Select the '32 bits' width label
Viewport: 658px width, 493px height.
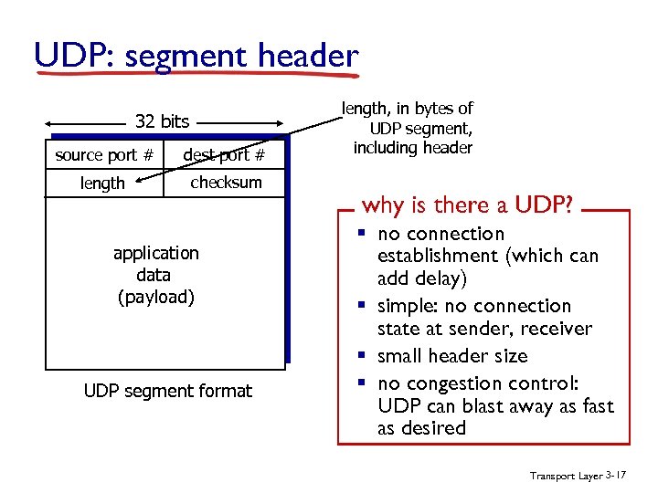162,121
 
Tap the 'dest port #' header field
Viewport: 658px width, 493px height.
224,155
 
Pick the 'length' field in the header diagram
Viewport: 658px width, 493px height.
102,184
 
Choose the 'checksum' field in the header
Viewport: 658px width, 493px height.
226,183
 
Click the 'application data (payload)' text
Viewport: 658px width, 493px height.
155,275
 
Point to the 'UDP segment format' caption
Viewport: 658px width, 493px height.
167,391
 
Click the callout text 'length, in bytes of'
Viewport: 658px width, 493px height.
407,109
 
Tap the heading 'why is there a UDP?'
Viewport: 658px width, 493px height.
467,205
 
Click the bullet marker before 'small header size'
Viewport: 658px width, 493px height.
364,356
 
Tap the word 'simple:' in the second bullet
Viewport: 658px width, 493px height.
409,307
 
